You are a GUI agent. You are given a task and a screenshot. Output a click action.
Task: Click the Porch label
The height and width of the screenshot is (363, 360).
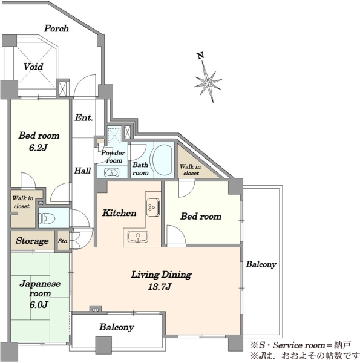click(56, 28)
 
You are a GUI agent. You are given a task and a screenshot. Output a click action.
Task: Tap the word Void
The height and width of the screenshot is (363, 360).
click(33, 67)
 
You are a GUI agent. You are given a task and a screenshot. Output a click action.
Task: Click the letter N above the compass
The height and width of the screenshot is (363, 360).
click(200, 56)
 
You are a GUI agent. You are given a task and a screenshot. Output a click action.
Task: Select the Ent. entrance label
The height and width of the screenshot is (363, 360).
click(83, 117)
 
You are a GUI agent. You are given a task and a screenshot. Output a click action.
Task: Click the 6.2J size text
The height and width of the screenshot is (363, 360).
click(39, 148)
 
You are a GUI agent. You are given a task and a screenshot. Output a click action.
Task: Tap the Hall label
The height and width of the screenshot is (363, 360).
click(82, 171)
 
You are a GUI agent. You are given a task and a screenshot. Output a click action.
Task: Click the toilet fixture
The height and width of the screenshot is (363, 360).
click(47, 218)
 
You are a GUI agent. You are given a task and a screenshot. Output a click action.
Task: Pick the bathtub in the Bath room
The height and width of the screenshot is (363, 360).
click(162, 160)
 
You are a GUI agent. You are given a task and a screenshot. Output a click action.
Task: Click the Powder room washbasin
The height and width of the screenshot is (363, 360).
click(111, 172)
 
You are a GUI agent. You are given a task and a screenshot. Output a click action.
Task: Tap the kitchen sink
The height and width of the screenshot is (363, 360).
click(138, 237)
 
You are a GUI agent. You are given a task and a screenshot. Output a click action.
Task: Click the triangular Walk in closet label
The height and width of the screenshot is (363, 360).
click(191, 170)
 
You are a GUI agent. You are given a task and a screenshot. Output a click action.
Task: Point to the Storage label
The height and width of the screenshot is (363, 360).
click(32, 241)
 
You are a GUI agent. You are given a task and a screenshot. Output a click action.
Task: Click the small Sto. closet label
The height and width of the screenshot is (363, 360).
click(63, 241)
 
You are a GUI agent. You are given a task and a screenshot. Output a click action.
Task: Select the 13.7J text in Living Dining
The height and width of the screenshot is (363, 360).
click(160, 287)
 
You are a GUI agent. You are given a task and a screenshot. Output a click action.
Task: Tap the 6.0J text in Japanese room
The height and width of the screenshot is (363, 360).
click(39, 305)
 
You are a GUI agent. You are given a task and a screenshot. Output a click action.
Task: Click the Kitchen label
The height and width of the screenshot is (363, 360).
click(119, 213)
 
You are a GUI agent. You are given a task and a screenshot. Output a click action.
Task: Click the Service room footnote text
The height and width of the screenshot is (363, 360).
click(301, 345)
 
